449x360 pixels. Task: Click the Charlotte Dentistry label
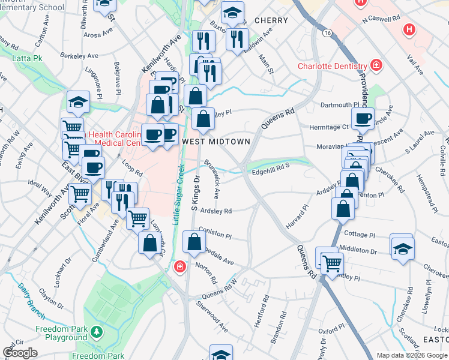pos(331,67)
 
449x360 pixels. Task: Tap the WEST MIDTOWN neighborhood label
pos(215,141)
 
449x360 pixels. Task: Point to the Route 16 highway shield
pos(327,32)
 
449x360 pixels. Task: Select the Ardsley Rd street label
pos(216,211)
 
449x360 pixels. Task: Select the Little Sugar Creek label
pos(177,195)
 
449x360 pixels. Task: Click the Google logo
pos(20,353)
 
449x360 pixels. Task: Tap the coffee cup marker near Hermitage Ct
pos(363,119)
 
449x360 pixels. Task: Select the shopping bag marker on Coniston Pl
pos(194,242)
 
